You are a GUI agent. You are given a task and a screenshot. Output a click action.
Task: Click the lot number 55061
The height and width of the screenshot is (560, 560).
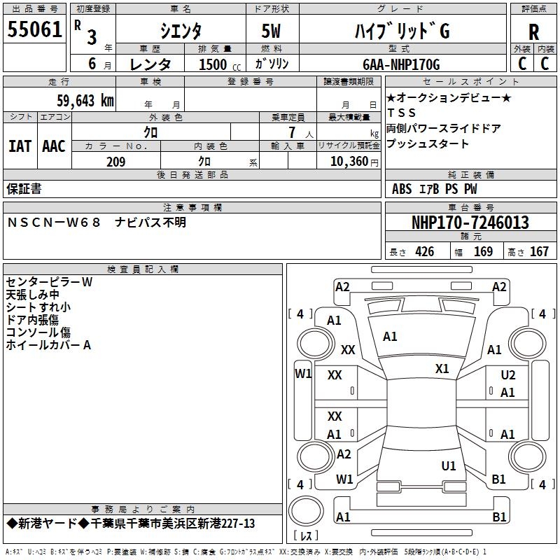35,29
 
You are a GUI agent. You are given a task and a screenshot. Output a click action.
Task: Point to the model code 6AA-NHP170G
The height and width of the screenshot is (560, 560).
401,64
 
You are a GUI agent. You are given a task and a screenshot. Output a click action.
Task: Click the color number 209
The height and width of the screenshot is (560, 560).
116,162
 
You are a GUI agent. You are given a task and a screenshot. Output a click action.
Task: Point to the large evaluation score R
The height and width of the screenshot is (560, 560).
533,31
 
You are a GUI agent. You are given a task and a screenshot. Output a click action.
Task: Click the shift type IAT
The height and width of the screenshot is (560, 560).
20,146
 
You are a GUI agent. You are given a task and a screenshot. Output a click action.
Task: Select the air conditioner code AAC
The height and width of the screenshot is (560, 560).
54,146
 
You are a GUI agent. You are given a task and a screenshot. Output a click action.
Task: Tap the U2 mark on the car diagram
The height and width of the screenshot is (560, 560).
507,376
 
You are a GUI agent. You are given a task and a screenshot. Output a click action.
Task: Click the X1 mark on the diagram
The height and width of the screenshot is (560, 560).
442,369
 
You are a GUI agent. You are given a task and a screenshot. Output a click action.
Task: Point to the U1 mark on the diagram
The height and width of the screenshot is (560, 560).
449,465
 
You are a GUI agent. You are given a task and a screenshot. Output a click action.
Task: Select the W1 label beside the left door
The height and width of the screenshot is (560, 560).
302,374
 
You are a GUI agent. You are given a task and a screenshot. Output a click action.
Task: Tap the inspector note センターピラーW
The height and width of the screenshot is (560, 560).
49,282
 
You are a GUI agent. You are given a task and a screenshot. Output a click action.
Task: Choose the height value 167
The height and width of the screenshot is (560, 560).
539,252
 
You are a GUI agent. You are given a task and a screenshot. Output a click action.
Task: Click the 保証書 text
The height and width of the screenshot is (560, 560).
24,188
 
